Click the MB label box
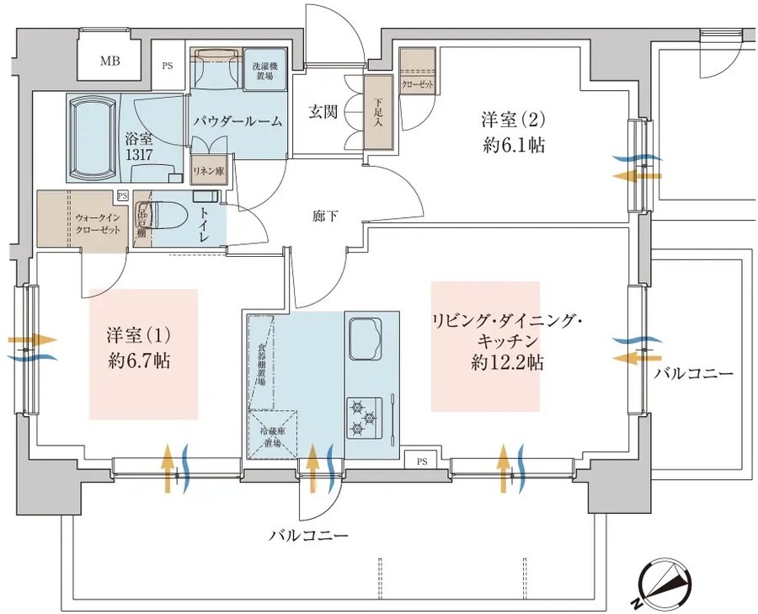110,61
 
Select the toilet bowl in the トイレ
167,216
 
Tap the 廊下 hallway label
325,216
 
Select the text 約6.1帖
514,145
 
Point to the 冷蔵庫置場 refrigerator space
272,435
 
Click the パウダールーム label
237,121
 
